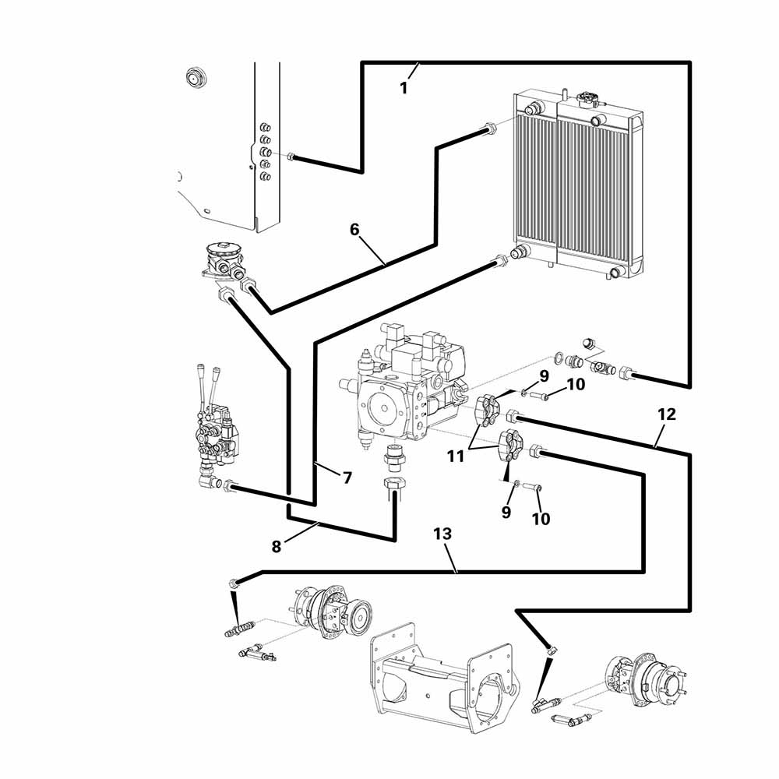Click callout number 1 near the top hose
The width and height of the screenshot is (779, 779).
(404, 88)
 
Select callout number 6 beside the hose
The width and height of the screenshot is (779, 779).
(354, 230)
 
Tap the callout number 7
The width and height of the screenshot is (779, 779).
(347, 478)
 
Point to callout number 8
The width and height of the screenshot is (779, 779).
(277, 546)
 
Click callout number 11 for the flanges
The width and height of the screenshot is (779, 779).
(456, 456)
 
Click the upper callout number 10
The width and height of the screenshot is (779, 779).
(575, 384)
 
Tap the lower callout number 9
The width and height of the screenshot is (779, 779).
(506, 512)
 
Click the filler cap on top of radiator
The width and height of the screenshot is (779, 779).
(587, 98)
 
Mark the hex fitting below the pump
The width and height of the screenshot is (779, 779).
(394, 485)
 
